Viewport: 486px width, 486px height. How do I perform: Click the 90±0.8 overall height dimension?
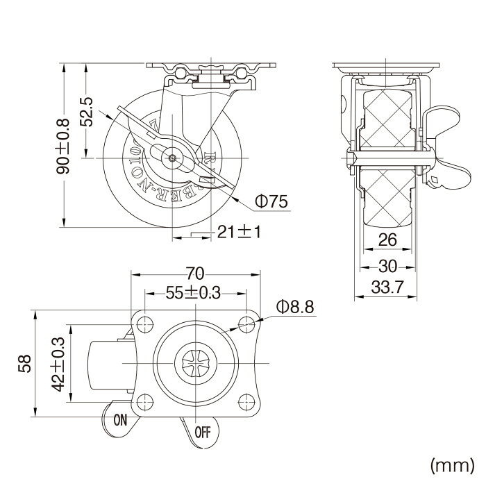tap(62, 144)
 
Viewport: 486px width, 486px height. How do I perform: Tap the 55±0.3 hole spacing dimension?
tap(195, 293)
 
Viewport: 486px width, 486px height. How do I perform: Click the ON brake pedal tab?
tap(119, 418)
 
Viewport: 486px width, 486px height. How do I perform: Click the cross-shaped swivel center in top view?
tap(195, 362)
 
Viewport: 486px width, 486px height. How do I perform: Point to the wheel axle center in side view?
tap(170, 158)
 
